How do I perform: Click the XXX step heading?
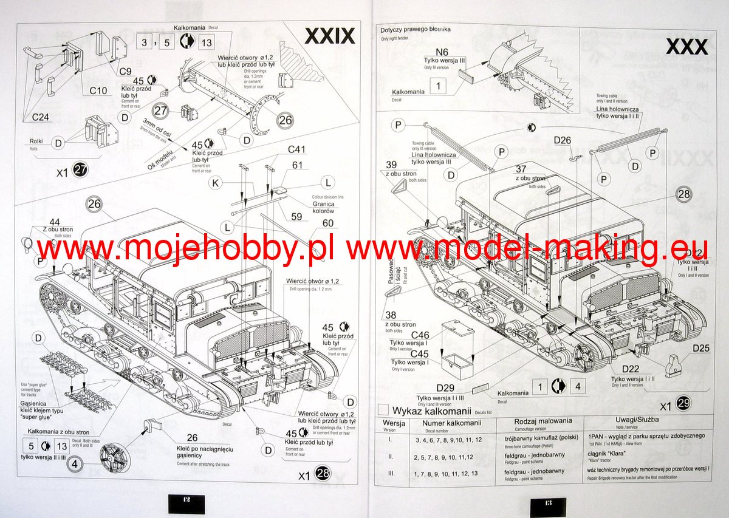coord(686,47)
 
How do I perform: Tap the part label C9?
coord(125,71)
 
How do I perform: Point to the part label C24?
coord(41,117)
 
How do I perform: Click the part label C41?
coord(297,149)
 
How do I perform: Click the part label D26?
coord(563,141)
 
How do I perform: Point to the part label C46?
coord(420,335)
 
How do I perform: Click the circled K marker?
coord(214,182)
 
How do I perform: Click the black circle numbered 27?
coord(80,171)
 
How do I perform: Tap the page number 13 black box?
coord(547,505)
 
